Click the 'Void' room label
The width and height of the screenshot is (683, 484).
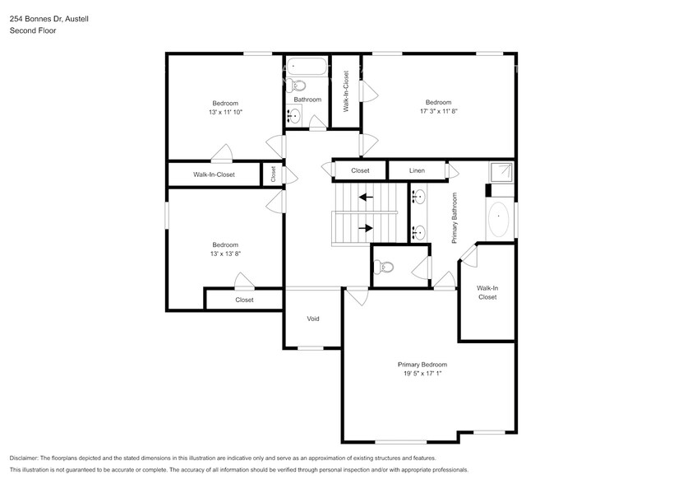[312, 319]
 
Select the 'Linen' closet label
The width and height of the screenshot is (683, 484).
[417, 170]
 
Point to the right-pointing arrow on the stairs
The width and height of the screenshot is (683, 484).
[364, 228]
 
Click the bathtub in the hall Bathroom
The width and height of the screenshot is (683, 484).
[307, 67]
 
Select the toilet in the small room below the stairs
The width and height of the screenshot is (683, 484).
[384, 266]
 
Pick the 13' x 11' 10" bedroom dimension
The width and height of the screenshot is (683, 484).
[224, 112]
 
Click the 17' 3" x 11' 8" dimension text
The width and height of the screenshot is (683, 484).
[438, 111]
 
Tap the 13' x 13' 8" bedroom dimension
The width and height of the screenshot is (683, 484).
[224, 254]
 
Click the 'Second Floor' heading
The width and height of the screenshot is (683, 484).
[30, 30]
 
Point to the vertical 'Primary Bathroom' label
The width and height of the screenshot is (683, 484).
[454, 217]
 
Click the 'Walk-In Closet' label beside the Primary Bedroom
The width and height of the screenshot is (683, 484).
[487, 292]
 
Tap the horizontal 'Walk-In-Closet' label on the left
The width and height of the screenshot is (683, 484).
[214, 175]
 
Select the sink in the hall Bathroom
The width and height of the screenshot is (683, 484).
[294, 118]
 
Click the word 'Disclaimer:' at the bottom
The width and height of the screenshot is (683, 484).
[29, 458]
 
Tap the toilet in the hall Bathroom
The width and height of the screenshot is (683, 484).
[300, 85]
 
